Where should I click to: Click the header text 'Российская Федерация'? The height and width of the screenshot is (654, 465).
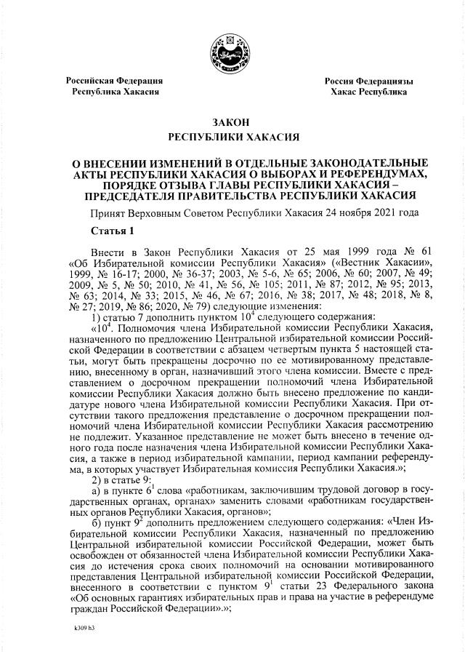[114, 80]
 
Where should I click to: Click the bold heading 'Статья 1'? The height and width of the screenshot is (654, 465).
[113, 231]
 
